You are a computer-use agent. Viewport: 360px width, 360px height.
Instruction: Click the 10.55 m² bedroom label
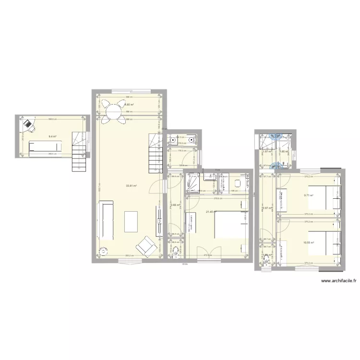tap(308, 242)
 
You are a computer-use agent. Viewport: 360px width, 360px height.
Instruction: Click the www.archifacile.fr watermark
tap(337, 281)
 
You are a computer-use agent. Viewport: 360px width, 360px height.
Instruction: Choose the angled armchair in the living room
tap(145, 247)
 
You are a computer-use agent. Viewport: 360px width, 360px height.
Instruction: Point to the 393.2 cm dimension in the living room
tap(129, 255)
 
